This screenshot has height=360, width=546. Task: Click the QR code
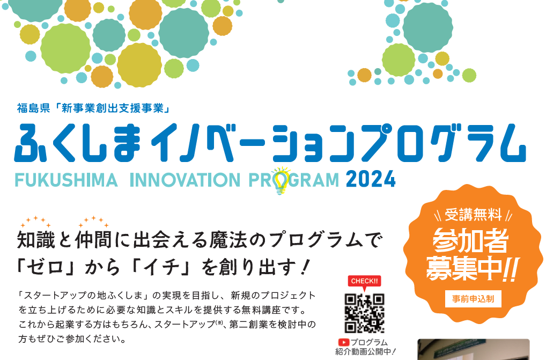click(x=364, y=313)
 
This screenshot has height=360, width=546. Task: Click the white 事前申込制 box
click(x=473, y=299)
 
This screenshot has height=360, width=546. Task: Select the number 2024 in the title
click(x=371, y=180)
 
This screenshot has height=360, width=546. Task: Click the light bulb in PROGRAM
click(x=281, y=180)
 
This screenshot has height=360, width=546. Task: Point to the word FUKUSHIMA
click(x=66, y=180)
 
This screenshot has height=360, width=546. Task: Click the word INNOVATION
click(x=185, y=180)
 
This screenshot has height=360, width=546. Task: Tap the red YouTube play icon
click(x=343, y=343)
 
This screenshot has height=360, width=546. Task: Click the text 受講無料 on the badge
click(x=473, y=215)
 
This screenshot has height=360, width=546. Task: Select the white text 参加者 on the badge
click(x=470, y=240)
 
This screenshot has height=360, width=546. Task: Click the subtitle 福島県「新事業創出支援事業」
click(x=93, y=108)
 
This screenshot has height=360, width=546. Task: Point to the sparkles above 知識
click(x=35, y=222)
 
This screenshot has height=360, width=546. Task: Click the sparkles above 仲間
click(x=93, y=222)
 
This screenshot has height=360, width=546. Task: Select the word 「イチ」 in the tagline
click(x=164, y=268)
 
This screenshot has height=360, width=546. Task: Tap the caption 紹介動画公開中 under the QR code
click(x=365, y=351)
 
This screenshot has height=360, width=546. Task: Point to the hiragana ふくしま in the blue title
click(x=77, y=143)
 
